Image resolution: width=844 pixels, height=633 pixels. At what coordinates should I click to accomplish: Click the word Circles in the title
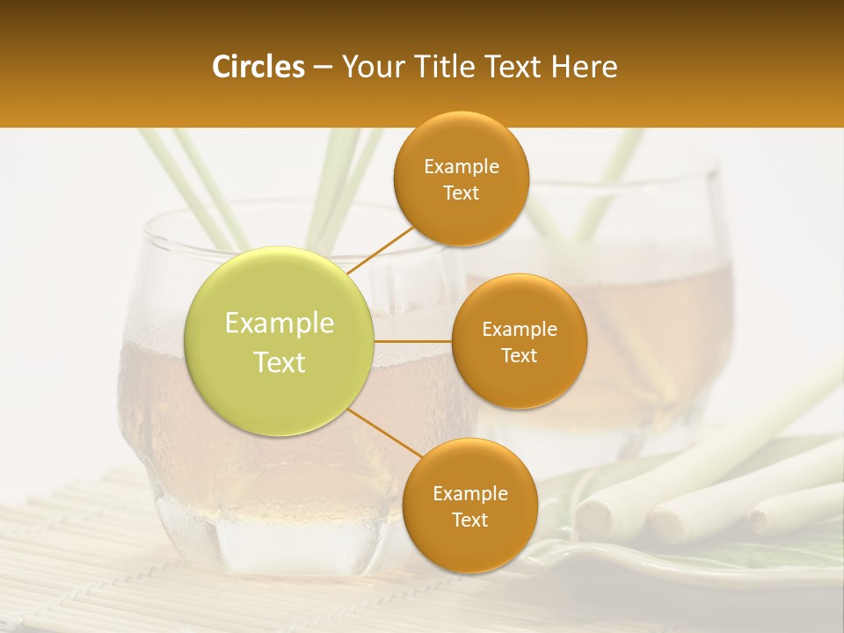pyautogui.click(x=258, y=67)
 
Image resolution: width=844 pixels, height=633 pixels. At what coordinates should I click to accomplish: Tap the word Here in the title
pyautogui.click(x=585, y=67)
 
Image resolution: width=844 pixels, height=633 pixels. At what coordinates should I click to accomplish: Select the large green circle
pyautogui.click(x=279, y=340)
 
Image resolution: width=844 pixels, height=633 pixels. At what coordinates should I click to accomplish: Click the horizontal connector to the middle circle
pyautogui.click(x=412, y=341)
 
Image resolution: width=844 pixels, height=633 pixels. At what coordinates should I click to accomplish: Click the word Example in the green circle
pyautogui.click(x=280, y=323)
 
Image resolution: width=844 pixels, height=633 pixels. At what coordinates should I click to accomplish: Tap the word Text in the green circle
pyautogui.click(x=280, y=362)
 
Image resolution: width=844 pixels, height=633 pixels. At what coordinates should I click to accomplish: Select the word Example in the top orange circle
pyautogui.click(x=462, y=167)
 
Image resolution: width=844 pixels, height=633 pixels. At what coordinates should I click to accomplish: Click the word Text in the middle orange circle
pyautogui.click(x=519, y=355)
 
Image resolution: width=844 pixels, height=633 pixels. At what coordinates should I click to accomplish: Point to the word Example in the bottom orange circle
pyautogui.click(x=470, y=493)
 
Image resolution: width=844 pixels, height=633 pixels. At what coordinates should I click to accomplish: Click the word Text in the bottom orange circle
pyautogui.click(x=469, y=520)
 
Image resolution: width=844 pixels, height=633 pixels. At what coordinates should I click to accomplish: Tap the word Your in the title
pyautogui.click(x=370, y=67)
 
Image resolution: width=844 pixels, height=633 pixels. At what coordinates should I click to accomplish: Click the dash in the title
pyautogui.click(x=323, y=68)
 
